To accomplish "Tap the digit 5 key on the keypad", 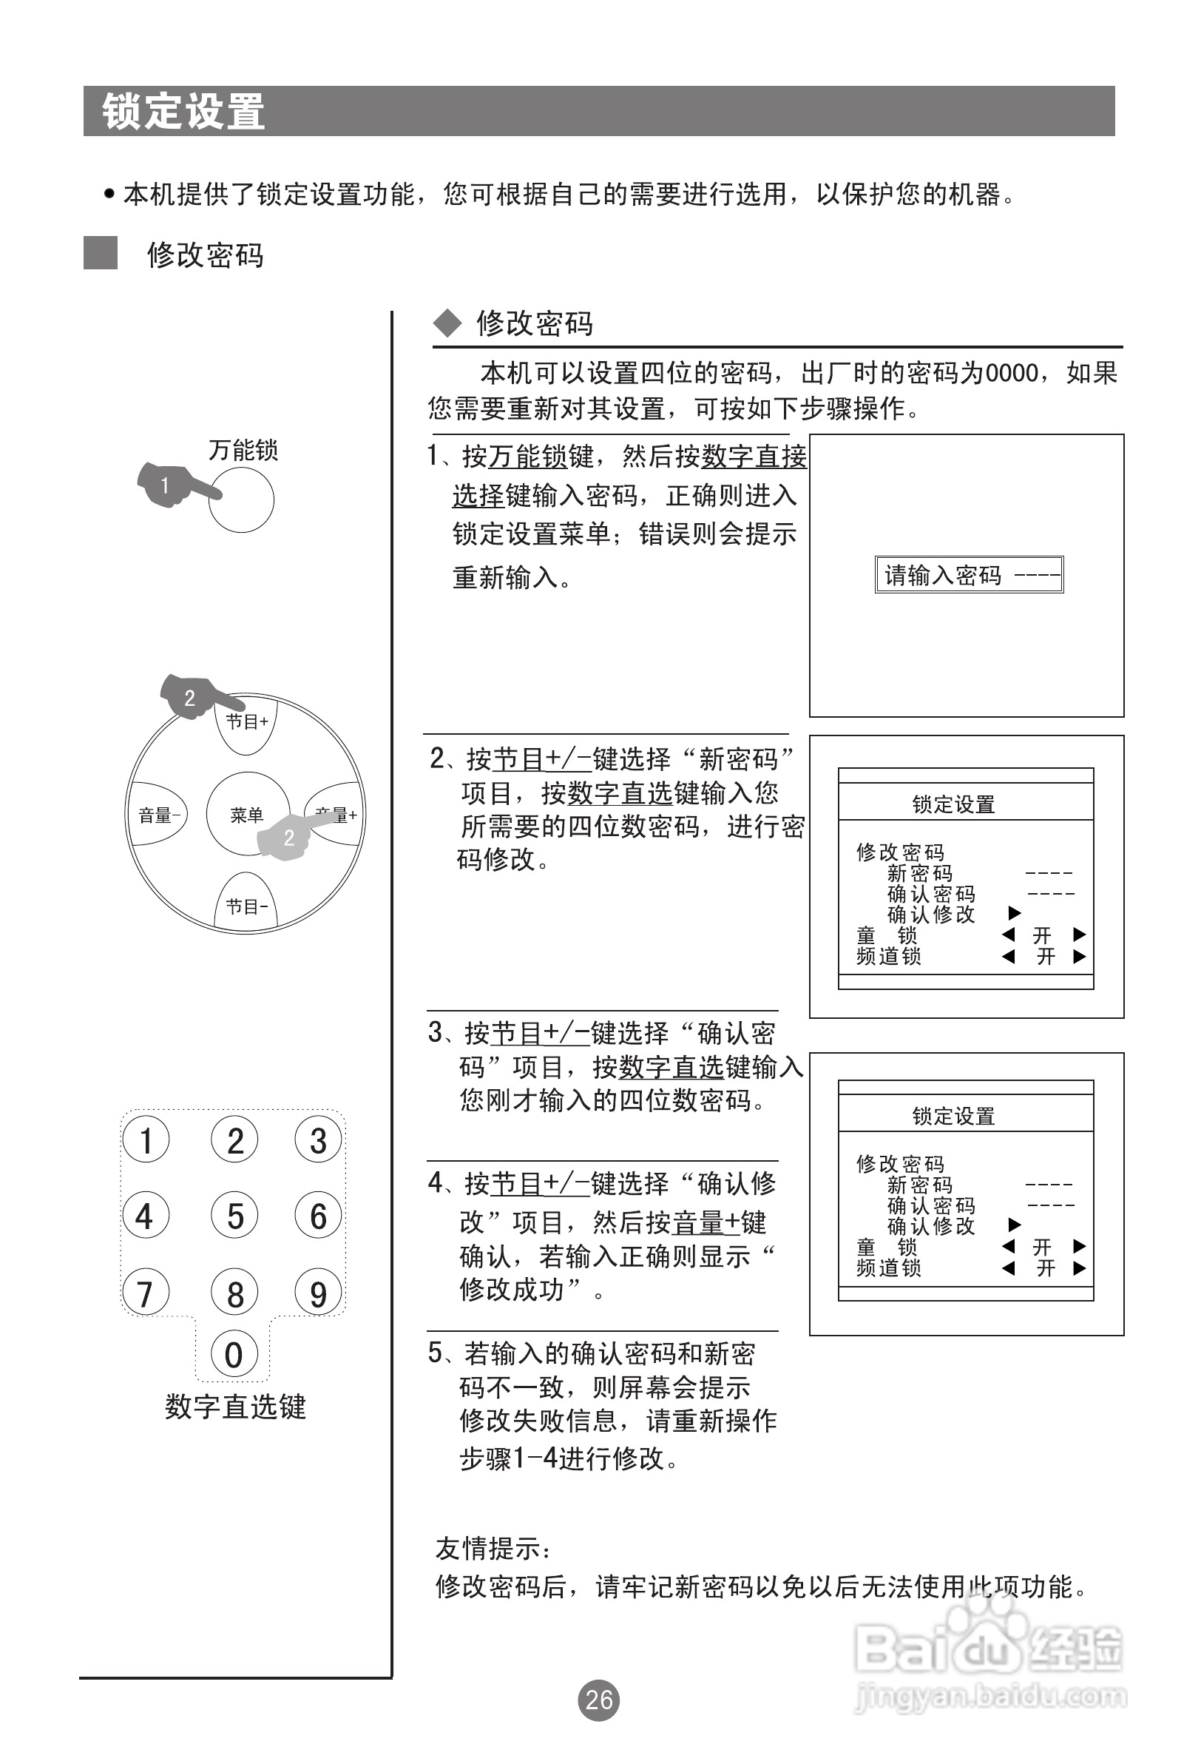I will point(235,1216).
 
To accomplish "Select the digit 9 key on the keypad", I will point(319,1293).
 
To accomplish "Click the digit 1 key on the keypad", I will point(146,1140).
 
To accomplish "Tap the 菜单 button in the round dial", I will point(247,815).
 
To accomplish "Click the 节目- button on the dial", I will point(247,905).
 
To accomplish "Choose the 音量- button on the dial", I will point(158,815).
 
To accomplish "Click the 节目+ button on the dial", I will point(247,723).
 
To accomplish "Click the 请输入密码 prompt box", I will point(969,575).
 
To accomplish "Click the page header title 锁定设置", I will point(183,112).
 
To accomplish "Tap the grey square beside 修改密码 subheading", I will point(100,254).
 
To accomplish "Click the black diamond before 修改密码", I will point(447,323).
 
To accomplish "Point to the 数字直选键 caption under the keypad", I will point(235,1407).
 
